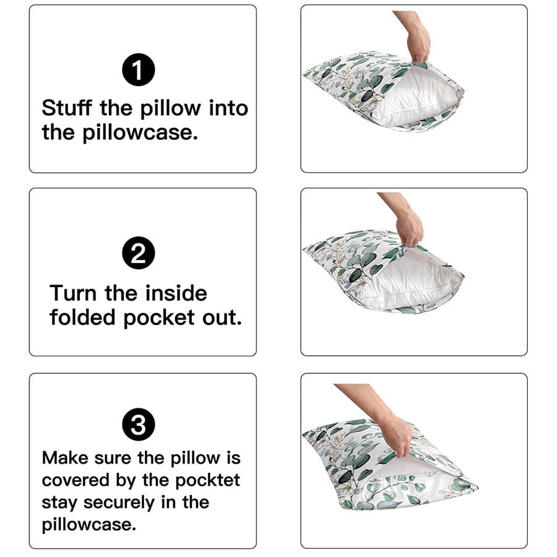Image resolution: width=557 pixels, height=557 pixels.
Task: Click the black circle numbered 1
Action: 139,69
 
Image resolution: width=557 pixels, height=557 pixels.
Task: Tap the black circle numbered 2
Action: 139,253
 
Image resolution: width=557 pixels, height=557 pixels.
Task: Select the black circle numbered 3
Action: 139,425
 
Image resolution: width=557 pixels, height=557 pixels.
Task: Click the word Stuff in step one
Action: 67,108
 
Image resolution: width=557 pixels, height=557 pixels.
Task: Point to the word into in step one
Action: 228,108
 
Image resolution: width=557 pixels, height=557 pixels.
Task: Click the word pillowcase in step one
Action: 140,133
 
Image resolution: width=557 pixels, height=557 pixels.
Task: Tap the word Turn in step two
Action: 73,293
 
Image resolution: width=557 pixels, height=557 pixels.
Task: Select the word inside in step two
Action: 176,293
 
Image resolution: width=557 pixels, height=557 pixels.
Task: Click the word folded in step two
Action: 82,317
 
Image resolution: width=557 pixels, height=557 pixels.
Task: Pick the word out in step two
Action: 222,317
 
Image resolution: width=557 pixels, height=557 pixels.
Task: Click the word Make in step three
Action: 65,457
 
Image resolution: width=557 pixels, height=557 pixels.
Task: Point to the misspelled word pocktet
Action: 207,481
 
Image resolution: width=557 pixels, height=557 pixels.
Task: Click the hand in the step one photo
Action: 418,43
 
